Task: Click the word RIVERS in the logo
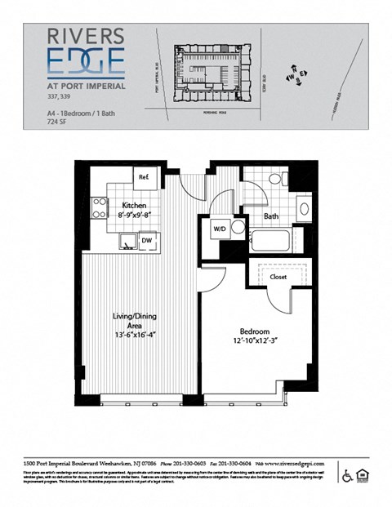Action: click(85, 36)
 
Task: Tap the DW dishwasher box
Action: click(148, 241)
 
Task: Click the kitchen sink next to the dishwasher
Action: click(127, 240)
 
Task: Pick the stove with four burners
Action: click(99, 208)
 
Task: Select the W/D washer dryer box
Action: click(220, 229)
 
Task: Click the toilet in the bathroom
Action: click(275, 180)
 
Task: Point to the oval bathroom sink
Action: click(305, 209)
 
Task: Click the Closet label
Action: click(278, 278)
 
